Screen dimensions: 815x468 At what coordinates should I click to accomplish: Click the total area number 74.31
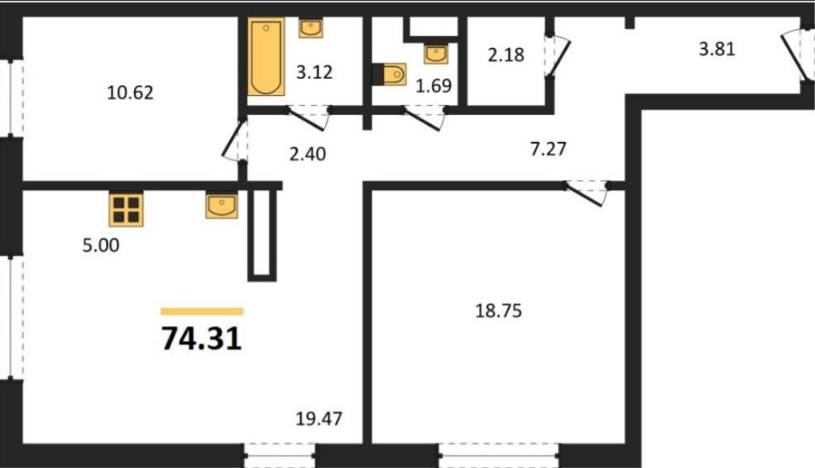[202, 339]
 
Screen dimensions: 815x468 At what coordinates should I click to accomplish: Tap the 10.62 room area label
[129, 92]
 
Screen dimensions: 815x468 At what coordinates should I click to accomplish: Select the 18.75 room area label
[498, 310]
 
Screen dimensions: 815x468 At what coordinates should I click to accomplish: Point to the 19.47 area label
[319, 418]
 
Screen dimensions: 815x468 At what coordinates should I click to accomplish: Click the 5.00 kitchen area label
[101, 244]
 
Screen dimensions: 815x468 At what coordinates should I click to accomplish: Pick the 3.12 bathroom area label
[314, 72]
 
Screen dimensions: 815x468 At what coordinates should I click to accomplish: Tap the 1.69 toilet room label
[434, 86]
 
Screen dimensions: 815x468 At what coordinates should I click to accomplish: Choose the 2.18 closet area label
[505, 54]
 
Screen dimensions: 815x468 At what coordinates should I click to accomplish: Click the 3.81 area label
[717, 49]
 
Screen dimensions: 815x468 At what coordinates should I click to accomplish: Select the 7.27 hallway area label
[549, 149]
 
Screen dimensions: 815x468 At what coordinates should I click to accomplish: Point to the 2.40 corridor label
[307, 154]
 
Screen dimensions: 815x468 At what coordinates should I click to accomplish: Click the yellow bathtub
[266, 57]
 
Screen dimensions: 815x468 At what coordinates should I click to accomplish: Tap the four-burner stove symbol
[126, 209]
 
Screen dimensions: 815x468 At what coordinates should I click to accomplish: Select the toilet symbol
[389, 74]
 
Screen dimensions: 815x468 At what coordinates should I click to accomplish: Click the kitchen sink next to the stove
[222, 205]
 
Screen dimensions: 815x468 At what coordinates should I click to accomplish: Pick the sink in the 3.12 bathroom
[311, 28]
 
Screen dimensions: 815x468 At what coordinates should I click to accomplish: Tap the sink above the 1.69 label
[436, 53]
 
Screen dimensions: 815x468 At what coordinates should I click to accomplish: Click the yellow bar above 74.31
[202, 311]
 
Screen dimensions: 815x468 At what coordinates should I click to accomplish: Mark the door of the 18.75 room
[587, 193]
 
